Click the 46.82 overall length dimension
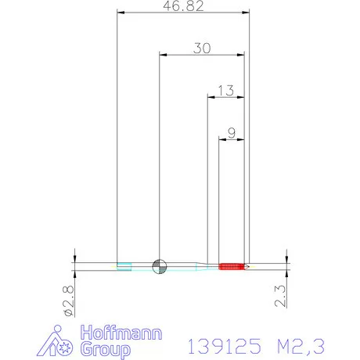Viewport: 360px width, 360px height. pos(182,6)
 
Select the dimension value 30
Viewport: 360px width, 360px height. pos(202,48)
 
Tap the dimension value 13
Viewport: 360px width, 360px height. pos(225,90)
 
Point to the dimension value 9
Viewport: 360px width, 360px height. pos(231,132)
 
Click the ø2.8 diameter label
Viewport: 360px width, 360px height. pos(67,301)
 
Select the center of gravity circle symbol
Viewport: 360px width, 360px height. pos(159,266)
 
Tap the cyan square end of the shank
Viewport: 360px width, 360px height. pos(123,266)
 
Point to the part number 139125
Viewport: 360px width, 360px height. pos(214,344)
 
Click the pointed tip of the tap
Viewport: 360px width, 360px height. pos(247,267)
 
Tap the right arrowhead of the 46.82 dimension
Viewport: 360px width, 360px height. pos(247,13)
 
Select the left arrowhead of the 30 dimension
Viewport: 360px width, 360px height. pos(161,54)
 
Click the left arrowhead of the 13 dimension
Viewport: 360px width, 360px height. pos(209,96)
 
